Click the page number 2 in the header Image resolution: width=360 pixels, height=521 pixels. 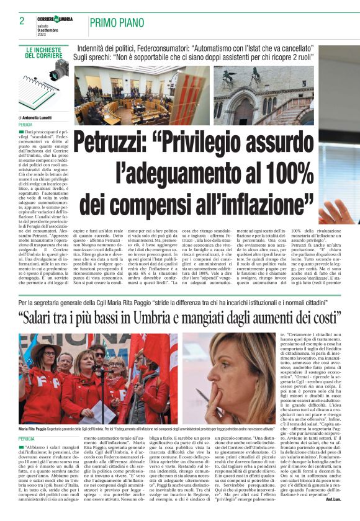point(22,20)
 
